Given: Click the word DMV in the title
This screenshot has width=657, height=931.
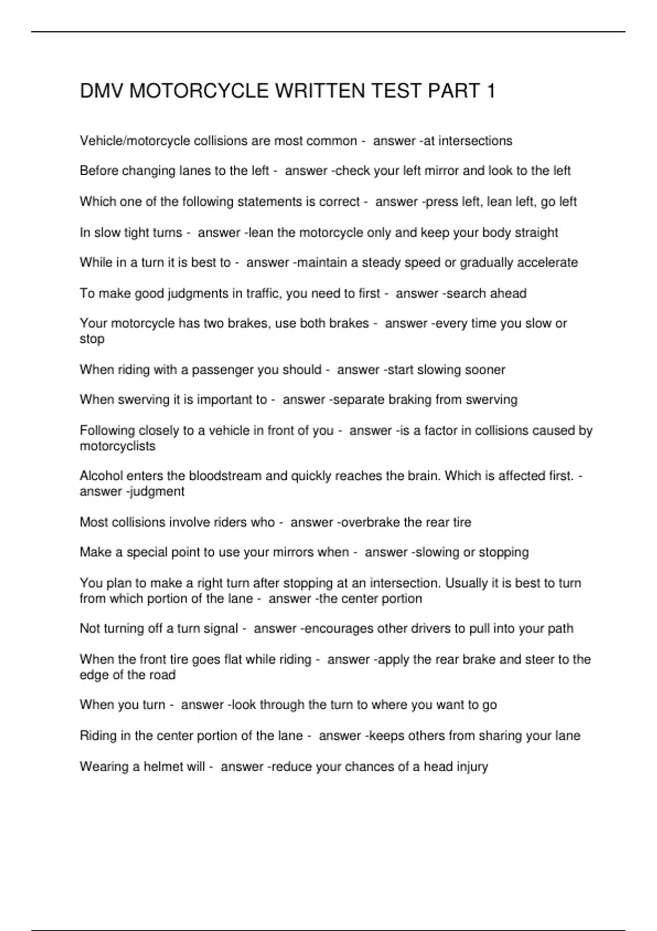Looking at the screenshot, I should pyautogui.click(x=101, y=91).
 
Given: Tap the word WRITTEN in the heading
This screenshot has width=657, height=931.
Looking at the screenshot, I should pyautogui.click(x=320, y=91).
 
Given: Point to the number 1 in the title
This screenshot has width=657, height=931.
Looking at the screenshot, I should pyautogui.click(x=491, y=91).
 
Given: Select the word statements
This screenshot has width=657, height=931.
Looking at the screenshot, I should pyautogui.click(x=268, y=202).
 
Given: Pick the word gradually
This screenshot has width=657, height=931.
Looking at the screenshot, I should pyautogui.click(x=486, y=263).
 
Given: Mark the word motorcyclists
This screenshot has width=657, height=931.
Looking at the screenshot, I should pyautogui.click(x=118, y=446).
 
